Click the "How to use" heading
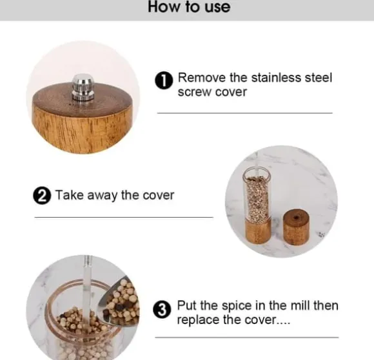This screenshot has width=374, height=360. tap(189, 6)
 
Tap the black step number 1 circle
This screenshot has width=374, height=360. tap(164, 81)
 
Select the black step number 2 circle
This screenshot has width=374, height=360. tap(42, 196)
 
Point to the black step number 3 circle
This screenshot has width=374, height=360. tap(162, 310)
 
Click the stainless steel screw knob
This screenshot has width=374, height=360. tap(83, 87)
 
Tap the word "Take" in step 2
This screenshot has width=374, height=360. tap(70, 195)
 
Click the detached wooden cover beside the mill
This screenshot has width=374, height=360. tap(296, 227)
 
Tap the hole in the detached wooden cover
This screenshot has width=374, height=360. tap(297, 218)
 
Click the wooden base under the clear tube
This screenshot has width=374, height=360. tap(258, 231)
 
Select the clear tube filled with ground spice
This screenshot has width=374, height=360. tap(257, 194)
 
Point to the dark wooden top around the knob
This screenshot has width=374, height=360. tap(82, 100)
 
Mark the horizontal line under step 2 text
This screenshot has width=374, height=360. tap(124, 217)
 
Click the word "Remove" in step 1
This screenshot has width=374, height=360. tap(202, 78)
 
